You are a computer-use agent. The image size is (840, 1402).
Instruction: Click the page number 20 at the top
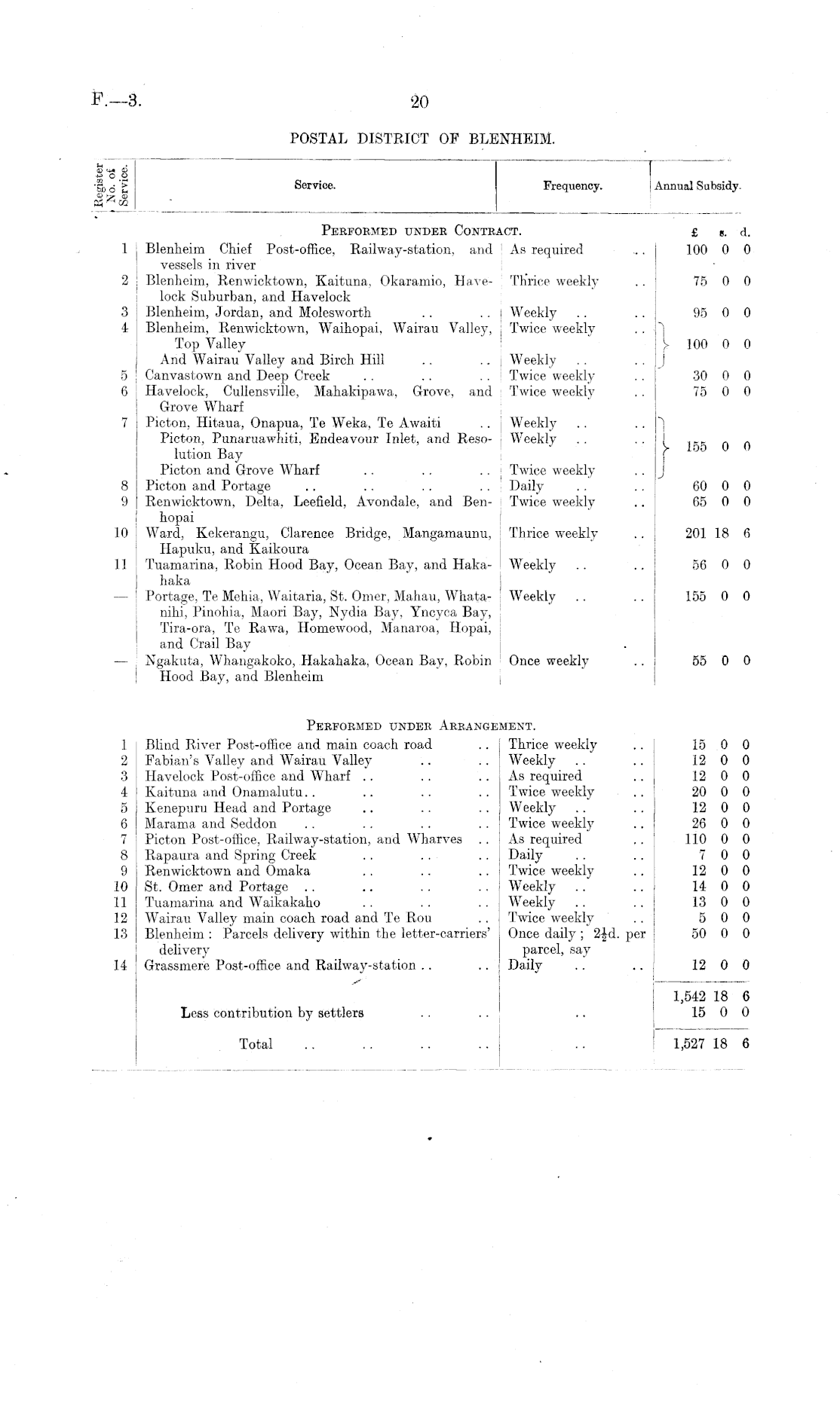tap(419, 102)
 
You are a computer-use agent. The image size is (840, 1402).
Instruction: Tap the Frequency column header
tap(572, 186)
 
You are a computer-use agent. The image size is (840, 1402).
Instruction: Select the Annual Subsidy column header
tap(697, 186)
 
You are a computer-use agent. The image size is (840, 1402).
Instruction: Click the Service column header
tap(314, 185)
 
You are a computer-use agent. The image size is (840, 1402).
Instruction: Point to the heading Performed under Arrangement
tap(421, 726)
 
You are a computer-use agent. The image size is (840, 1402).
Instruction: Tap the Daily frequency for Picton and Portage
tap(526, 486)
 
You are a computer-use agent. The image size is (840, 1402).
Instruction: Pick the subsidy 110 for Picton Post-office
tap(695, 839)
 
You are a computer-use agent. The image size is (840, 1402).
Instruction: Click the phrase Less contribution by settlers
tap(272, 1013)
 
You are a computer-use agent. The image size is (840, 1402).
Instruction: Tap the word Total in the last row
tap(256, 1044)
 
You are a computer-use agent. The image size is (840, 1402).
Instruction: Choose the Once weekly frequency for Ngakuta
tap(548, 661)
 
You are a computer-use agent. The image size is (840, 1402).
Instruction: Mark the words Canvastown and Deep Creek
tap(238, 375)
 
